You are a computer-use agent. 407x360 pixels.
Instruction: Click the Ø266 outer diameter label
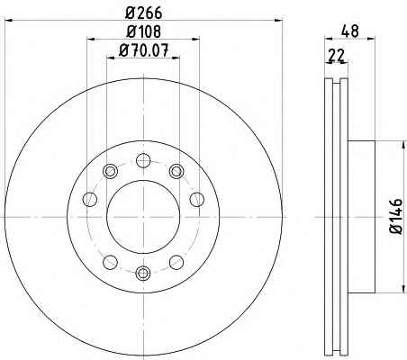tap(144, 13)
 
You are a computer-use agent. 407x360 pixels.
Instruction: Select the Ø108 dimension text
tap(144, 31)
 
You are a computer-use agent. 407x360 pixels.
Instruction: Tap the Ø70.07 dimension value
tap(144, 50)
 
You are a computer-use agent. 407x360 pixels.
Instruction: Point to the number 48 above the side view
tap(350, 31)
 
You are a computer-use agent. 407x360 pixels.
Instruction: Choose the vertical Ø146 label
tap(396, 216)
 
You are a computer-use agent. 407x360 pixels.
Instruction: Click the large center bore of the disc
tap(143, 217)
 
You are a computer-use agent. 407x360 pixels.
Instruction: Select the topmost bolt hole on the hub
tap(143, 160)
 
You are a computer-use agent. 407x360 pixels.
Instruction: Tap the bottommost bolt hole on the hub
tap(143, 273)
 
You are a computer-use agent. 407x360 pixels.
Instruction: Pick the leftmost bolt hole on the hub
tap(90, 200)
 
